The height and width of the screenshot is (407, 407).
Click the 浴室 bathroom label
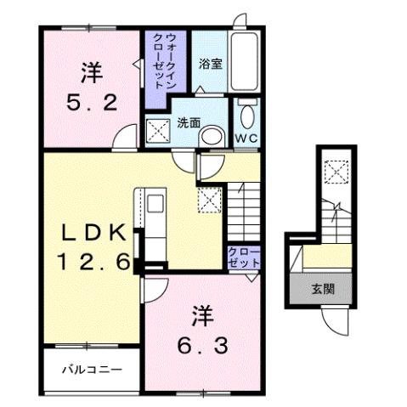tap(211, 64)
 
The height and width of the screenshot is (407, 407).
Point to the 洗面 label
tap(189, 122)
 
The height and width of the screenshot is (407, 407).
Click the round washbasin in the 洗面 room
tap(215, 135)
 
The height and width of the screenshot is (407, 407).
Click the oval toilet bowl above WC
tap(246, 116)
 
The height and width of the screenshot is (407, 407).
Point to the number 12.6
tap(94, 262)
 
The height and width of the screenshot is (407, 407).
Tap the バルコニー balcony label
tap(91, 370)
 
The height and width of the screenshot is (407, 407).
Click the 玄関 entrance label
tap(322, 289)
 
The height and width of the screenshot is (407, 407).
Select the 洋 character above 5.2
tap(93, 71)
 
